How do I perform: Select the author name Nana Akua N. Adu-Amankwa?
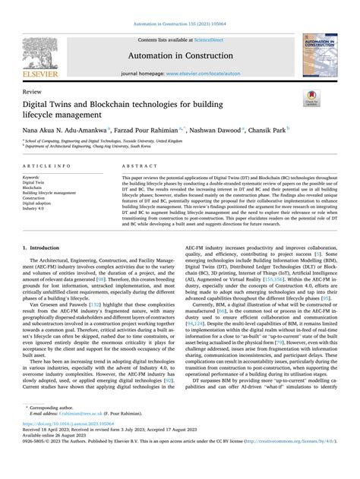tap(74, 130)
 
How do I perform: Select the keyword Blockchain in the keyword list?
tap(37, 187)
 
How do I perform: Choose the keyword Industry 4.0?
tap(38, 210)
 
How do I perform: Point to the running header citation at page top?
tap(179, 6)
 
